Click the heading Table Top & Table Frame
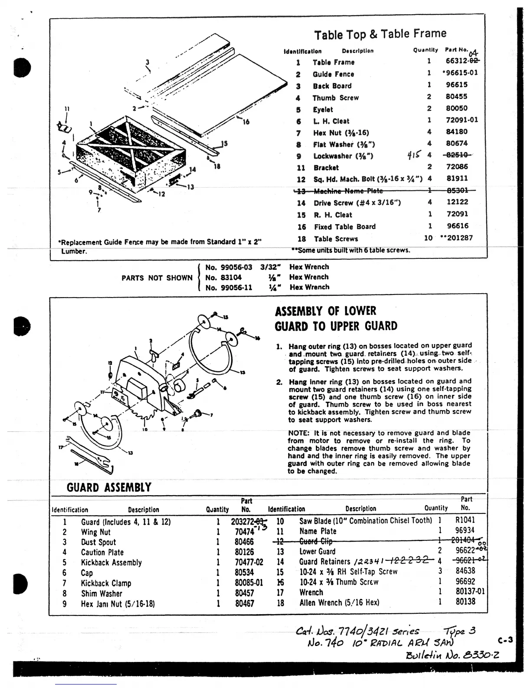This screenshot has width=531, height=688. (x=380, y=34)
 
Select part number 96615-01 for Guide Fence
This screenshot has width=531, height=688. (x=462, y=73)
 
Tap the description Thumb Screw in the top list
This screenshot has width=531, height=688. (x=335, y=98)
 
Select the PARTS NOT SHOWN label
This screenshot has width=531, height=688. (x=157, y=278)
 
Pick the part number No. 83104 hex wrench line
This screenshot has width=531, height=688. (x=223, y=277)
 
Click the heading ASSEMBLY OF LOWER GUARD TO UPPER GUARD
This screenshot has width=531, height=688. (x=336, y=319)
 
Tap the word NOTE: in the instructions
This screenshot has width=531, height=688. (x=298, y=433)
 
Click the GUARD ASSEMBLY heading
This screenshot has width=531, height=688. (x=109, y=487)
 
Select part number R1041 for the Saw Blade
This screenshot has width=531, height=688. (x=465, y=520)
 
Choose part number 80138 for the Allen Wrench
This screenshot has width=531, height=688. (x=465, y=602)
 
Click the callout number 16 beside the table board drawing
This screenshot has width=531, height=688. (x=246, y=122)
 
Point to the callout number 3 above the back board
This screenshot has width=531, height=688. (x=147, y=62)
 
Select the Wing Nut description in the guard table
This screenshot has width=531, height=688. (x=95, y=532)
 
